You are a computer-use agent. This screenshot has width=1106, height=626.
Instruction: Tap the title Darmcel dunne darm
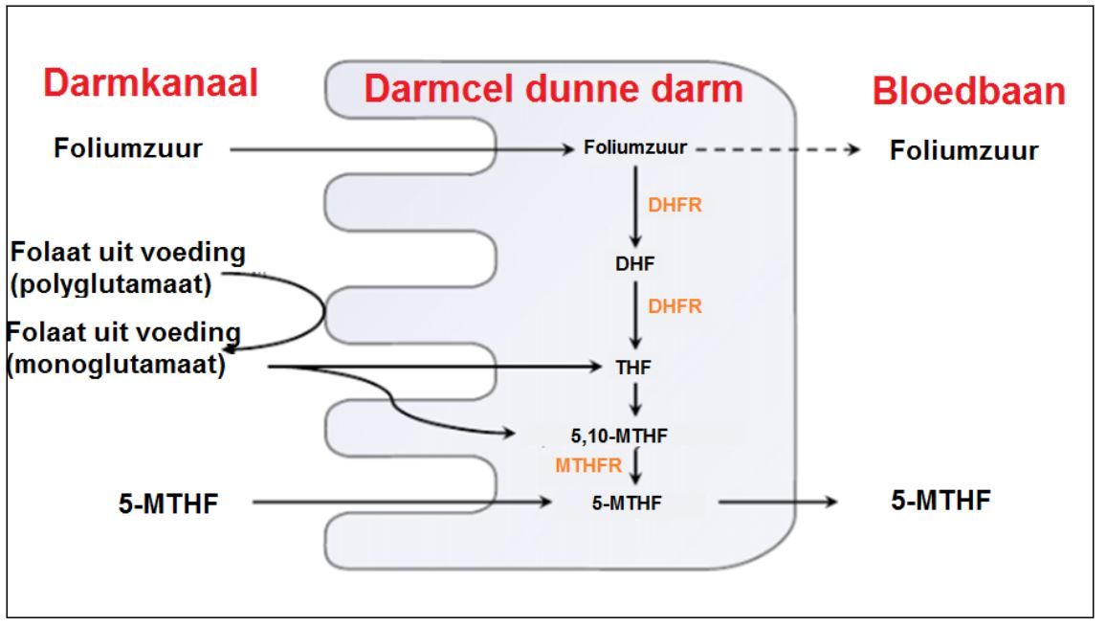[555, 89]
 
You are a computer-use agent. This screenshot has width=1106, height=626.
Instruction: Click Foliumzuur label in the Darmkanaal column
[127, 148]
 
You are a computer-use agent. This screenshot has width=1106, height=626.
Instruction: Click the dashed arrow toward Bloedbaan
[775, 149]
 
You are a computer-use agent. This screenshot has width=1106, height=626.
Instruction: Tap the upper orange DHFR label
[675, 206]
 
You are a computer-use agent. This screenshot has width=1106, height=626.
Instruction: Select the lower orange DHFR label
[675, 306]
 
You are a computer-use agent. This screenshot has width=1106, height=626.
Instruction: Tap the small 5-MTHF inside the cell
[627, 501]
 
